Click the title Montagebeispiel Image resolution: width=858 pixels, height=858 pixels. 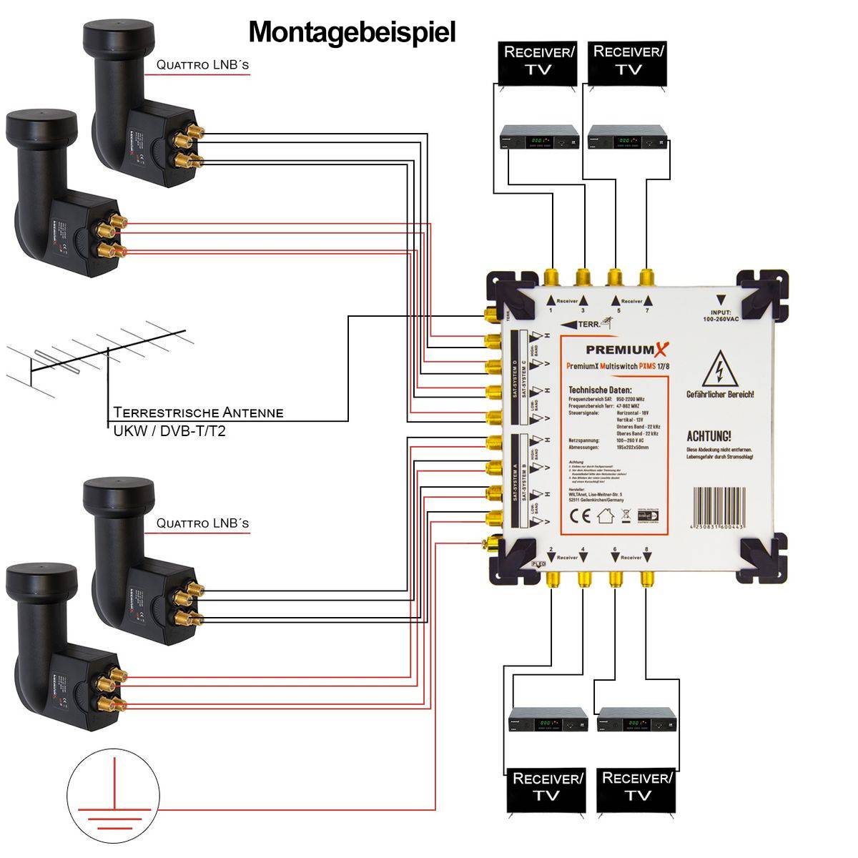click(352, 33)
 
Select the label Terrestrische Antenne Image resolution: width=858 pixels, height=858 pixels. click(198, 413)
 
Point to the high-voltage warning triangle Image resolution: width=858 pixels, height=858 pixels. click(719, 372)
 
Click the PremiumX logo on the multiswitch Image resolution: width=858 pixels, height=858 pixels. click(627, 350)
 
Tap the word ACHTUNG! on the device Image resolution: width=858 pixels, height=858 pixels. click(709, 436)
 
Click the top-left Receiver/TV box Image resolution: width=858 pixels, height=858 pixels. click(538, 61)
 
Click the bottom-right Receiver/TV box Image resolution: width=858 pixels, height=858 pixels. click(637, 786)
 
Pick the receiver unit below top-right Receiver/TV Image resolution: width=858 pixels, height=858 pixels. click(628, 137)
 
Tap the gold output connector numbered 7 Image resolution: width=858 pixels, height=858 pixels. click(647, 277)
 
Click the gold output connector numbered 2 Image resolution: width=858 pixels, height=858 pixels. click(551, 578)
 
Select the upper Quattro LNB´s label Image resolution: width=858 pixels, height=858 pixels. click(202, 65)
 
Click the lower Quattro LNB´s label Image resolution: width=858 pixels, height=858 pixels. click(202, 523)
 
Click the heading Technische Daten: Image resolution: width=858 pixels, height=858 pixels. click(601, 390)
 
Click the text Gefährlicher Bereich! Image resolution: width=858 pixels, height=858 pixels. click(719, 395)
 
